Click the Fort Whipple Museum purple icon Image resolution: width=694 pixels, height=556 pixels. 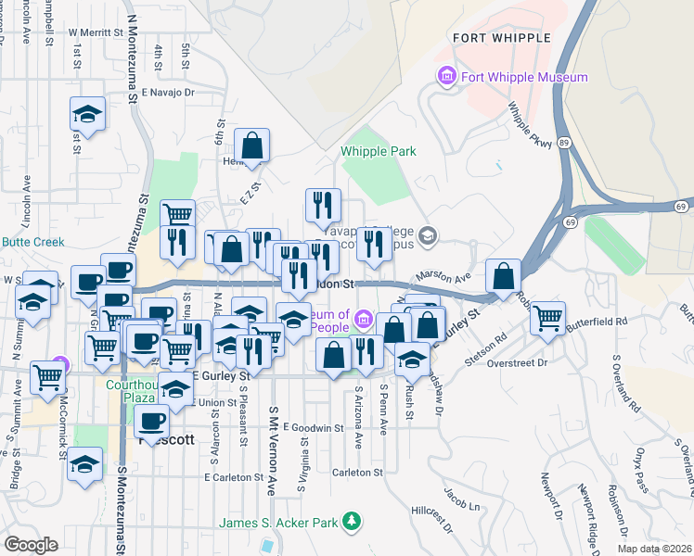(x=446, y=77)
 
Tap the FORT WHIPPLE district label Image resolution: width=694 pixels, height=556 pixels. (x=501, y=38)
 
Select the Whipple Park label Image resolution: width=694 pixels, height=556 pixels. (x=378, y=151)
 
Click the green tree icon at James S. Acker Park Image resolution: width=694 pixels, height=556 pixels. (x=351, y=523)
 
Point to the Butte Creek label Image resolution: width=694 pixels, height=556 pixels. (x=30, y=241)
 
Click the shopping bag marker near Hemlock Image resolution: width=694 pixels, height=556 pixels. (x=251, y=145)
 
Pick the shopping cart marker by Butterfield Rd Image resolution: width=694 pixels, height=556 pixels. (x=548, y=318)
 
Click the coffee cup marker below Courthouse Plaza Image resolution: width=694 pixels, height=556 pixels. (x=151, y=421)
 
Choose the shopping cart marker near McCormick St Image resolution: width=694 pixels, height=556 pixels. (x=47, y=376)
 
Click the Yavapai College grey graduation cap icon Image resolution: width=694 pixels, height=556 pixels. (x=427, y=235)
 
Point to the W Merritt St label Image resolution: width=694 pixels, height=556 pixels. (x=96, y=32)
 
